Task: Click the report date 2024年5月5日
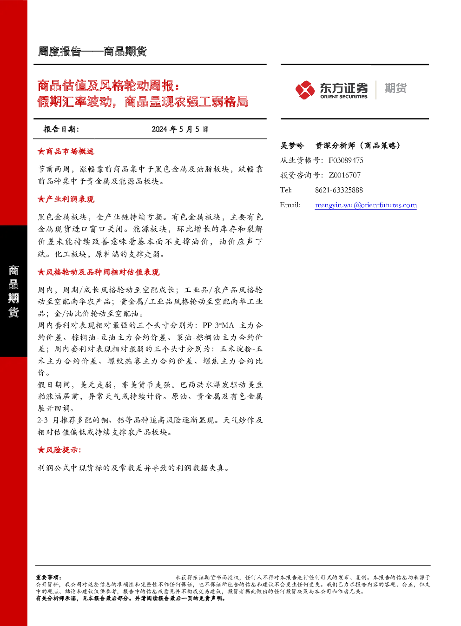pyautogui.click(x=180, y=129)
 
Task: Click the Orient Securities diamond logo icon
pyautogui.click(x=305, y=90)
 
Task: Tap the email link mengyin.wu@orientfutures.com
pyautogui.click(x=366, y=205)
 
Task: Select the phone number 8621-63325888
pyautogui.click(x=339, y=190)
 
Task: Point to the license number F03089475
pyautogui.click(x=346, y=160)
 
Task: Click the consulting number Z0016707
pyautogui.click(x=344, y=175)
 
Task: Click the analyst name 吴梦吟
pyautogui.click(x=292, y=145)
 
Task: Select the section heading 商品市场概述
pyautogui.click(x=70, y=152)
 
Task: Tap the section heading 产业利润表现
pyautogui.click(x=70, y=199)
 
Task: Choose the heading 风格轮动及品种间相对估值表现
pyautogui.click(x=103, y=272)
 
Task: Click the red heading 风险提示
pyautogui.click(x=63, y=450)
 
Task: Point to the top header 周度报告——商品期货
pyautogui.click(x=92, y=52)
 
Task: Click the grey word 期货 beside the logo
pyautogui.click(x=395, y=88)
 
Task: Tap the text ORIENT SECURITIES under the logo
pyautogui.click(x=343, y=97)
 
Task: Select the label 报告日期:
pyautogui.click(x=61, y=129)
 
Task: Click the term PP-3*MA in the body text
pyautogui.click(x=218, y=325)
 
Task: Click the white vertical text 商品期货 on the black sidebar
pyautogui.click(x=13, y=291)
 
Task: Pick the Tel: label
pyautogui.click(x=285, y=190)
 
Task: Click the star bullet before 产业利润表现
pyautogui.click(x=41, y=199)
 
